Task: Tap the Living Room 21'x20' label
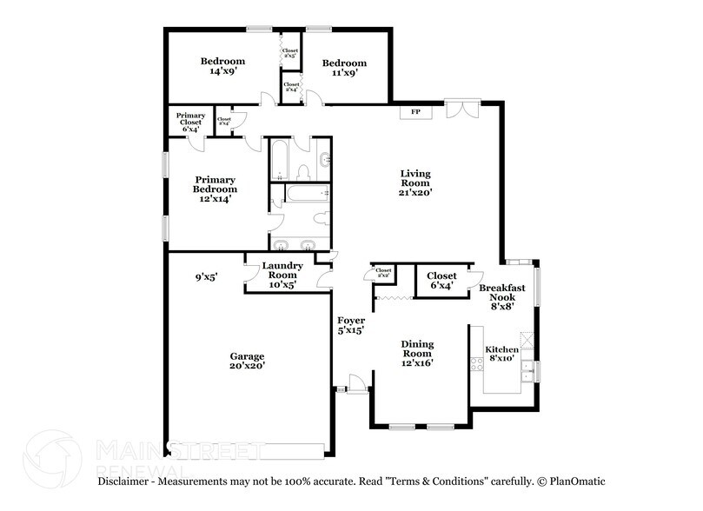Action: (415, 182)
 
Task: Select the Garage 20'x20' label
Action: (247, 361)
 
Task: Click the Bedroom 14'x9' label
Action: (222, 67)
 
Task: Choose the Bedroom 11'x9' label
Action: (344, 68)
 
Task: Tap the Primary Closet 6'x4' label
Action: (190, 122)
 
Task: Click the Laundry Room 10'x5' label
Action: (282, 275)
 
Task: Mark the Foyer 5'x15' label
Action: (350, 325)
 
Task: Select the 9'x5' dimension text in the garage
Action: (206, 276)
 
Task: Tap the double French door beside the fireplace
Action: (461, 111)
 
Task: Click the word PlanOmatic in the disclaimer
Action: (573, 481)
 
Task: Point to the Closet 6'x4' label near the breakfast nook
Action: (441, 281)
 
